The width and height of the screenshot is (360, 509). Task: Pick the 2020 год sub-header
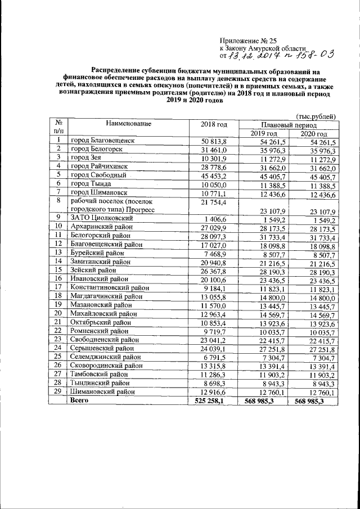[313, 133]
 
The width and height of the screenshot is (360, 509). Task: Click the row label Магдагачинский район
[106, 296]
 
